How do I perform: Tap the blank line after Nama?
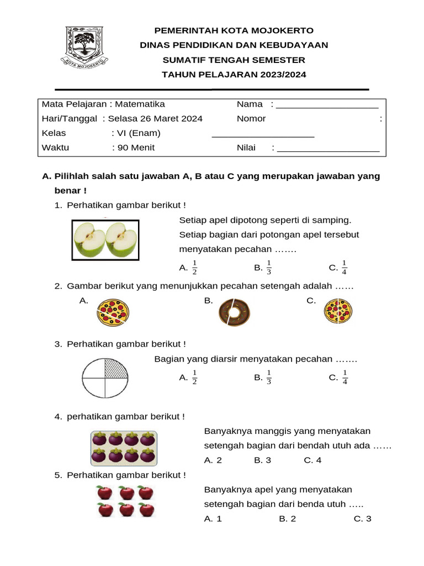tap(327, 104)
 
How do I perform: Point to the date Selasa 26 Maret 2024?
tap(155, 118)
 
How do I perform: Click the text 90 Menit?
tap(135, 148)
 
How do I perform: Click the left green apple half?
tap(90, 239)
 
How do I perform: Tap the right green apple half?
tap(121, 239)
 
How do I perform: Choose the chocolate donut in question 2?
tap(234, 312)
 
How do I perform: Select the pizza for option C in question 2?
tap(338, 311)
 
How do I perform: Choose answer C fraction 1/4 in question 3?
tap(338, 378)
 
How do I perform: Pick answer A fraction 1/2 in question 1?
tap(189, 268)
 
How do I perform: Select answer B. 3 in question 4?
tap(262, 460)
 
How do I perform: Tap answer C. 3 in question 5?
tap(362, 518)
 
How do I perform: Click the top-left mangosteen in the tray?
tap(99, 440)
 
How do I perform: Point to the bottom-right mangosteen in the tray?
tap(147, 456)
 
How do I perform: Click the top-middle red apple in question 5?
tap(127, 492)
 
